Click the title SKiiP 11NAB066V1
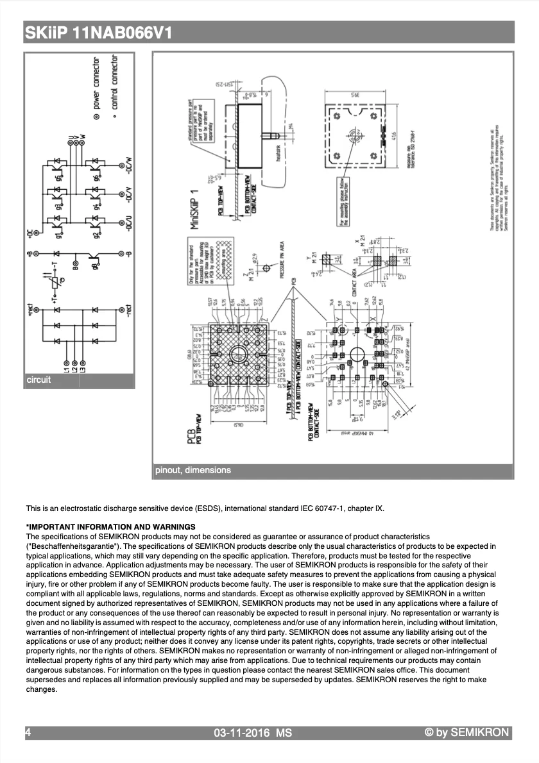point(98,33)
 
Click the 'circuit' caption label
point(38,380)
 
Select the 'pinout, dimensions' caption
point(193,471)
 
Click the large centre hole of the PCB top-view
point(239,354)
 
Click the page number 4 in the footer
point(28,732)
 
